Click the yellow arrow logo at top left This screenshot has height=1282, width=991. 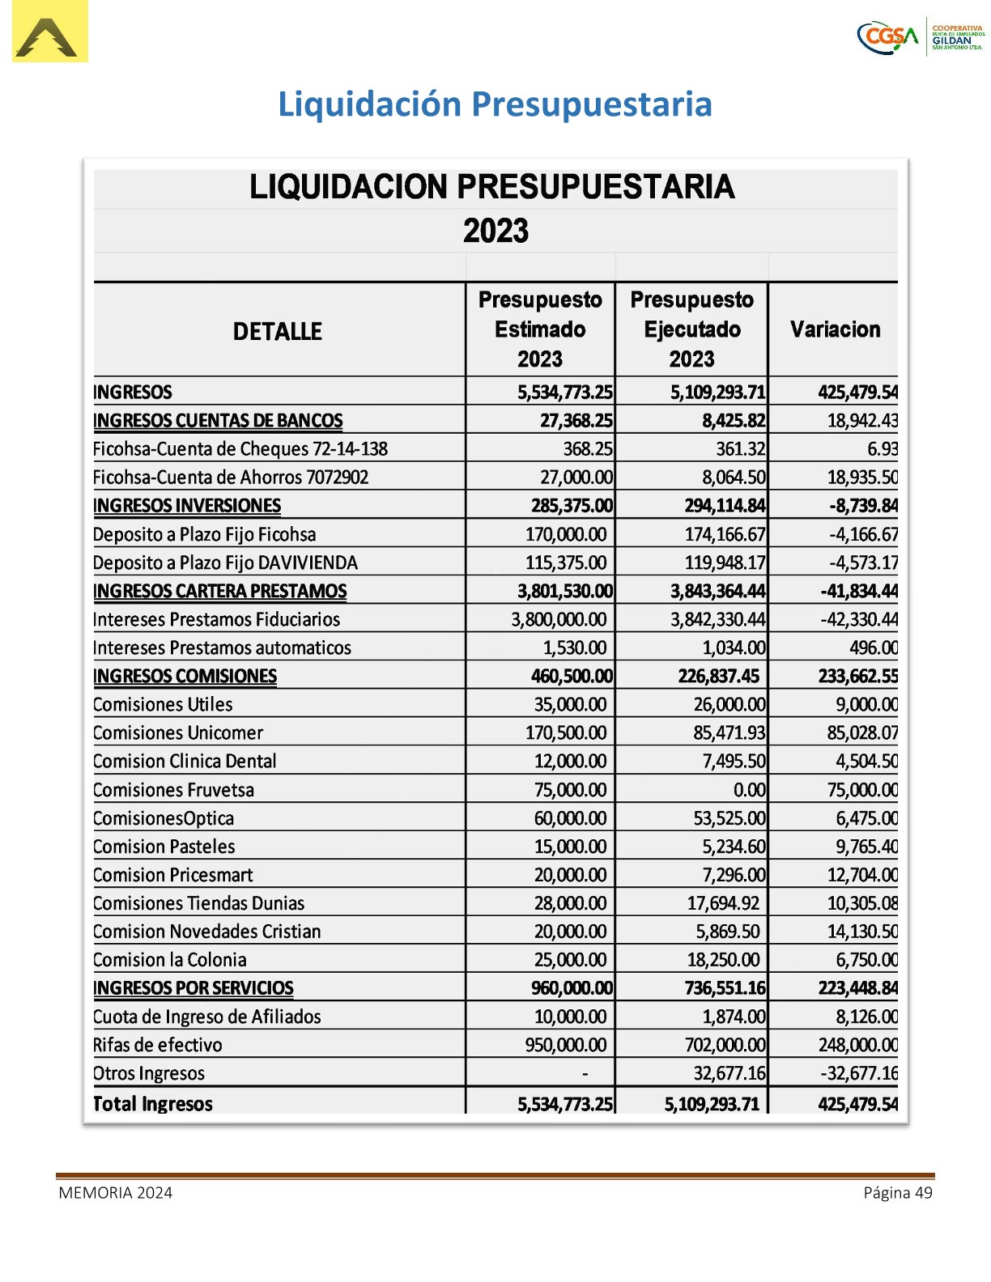click(49, 32)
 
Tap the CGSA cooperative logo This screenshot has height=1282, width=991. click(921, 36)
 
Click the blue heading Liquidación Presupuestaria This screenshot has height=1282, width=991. click(495, 104)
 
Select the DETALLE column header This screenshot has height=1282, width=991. click(278, 331)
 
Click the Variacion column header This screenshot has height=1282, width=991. click(835, 329)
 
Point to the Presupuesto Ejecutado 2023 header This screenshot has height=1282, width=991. click(691, 329)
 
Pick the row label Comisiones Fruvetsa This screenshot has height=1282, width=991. click(173, 790)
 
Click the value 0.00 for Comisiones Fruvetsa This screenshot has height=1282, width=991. click(749, 790)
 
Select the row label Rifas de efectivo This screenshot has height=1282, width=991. click(157, 1045)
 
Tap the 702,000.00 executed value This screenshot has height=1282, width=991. click(725, 1045)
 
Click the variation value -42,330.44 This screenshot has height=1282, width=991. click(859, 619)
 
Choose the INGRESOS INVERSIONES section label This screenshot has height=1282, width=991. click(187, 506)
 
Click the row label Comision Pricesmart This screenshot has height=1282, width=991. click(172, 875)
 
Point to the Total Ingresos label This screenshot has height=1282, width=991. click(153, 1104)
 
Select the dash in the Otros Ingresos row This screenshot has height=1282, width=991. click(585, 1074)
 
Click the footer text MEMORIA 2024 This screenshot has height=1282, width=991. click(115, 1193)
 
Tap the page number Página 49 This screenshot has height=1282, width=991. click(897, 1193)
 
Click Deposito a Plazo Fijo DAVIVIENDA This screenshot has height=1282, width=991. click(225, 562)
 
